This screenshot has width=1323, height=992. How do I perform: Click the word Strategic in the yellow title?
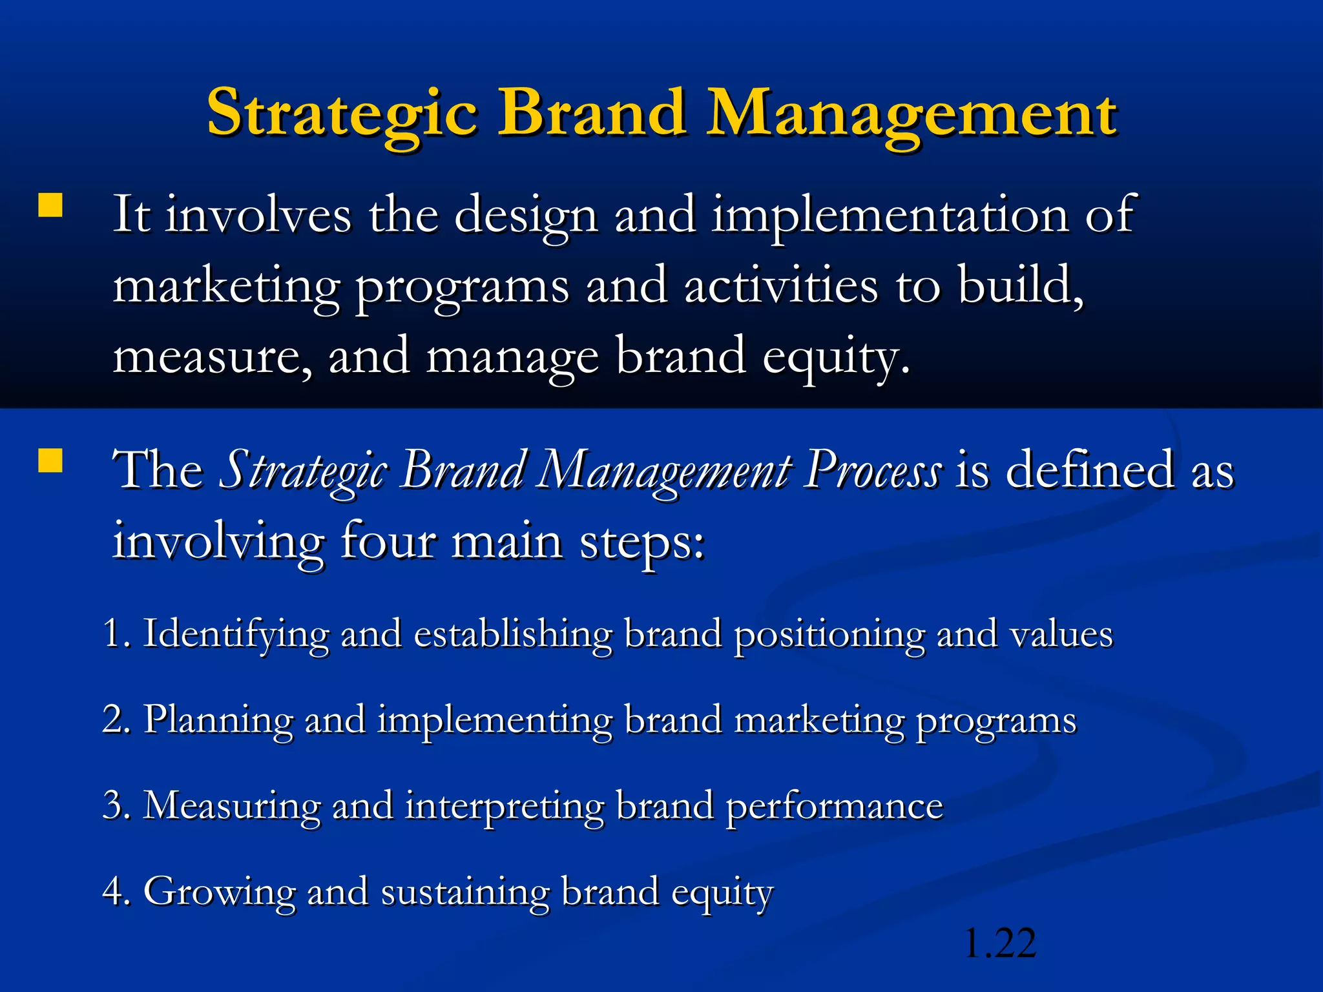point(342,115)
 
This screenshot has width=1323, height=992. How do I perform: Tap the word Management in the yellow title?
point(912,115)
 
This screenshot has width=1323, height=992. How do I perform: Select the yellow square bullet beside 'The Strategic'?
point(50,461)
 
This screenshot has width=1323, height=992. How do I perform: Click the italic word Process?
point(873,471)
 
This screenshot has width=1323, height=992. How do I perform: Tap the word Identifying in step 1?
point(235,634)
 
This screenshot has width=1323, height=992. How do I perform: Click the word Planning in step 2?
point(218,720)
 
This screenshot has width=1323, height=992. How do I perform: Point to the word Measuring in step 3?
point(231,806)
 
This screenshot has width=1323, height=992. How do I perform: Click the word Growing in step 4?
point(219,893)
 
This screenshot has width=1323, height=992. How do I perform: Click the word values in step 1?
point(1061,634)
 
